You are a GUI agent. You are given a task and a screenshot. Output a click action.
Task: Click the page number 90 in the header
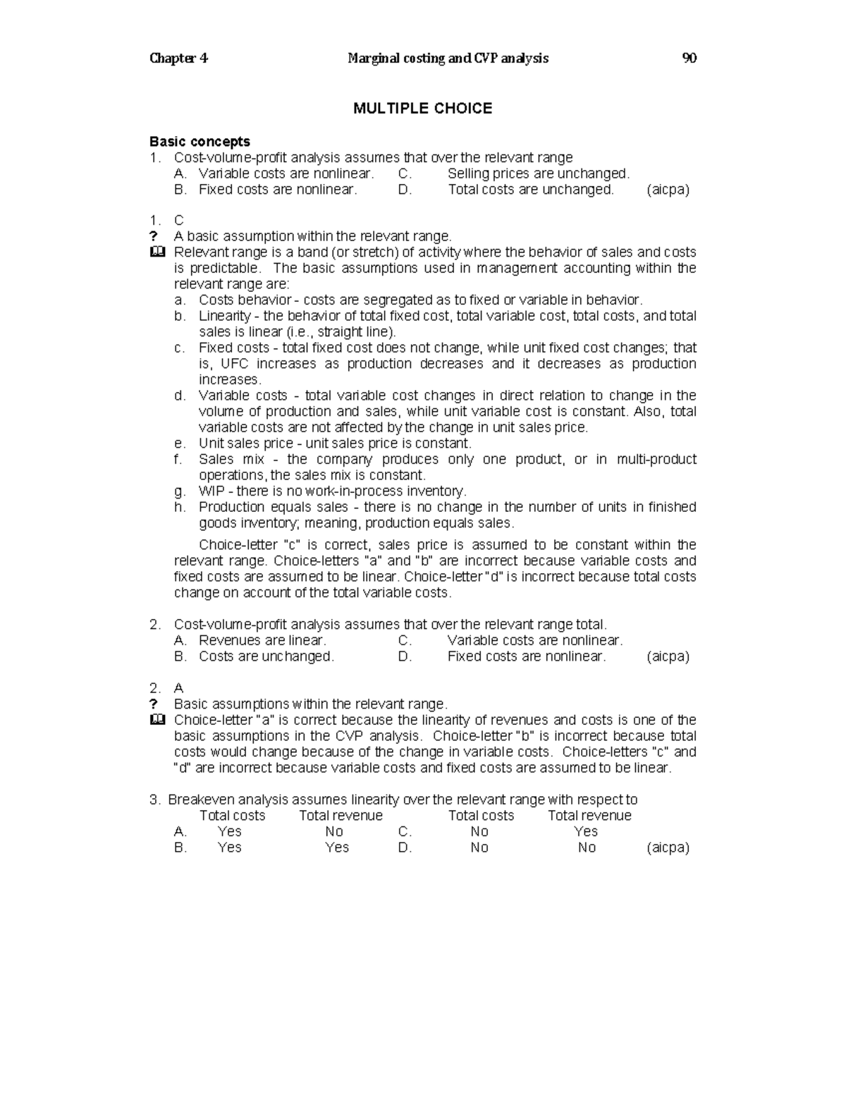point(689,59)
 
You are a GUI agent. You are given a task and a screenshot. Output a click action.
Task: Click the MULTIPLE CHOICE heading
point(422,108)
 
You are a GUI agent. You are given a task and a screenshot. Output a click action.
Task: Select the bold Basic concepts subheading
point(200,142)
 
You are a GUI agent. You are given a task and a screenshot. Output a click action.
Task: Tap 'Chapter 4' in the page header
point(178,59)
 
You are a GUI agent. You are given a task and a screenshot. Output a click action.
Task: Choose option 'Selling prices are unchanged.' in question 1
point(538,173)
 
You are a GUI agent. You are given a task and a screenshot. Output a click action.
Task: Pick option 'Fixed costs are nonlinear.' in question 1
point(278,189)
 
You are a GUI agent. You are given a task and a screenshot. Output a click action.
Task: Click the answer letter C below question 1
point(178,221)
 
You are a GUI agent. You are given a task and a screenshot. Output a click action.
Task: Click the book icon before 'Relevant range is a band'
point(157,252)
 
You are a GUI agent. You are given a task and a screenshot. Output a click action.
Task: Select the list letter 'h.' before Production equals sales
point(180,507)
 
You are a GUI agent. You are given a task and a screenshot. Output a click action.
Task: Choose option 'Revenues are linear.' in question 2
point(262,640)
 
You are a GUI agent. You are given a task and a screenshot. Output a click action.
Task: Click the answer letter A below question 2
point(178,688)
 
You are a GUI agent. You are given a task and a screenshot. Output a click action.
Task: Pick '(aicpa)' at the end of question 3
point(668,848)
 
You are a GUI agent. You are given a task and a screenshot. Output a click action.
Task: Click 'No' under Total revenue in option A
point(334,831)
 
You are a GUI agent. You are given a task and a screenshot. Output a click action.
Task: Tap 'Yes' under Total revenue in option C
point(586,831)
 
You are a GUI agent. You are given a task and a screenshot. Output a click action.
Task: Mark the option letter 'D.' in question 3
point(405,848)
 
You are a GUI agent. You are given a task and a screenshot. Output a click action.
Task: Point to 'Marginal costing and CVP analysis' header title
point(448,59)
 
